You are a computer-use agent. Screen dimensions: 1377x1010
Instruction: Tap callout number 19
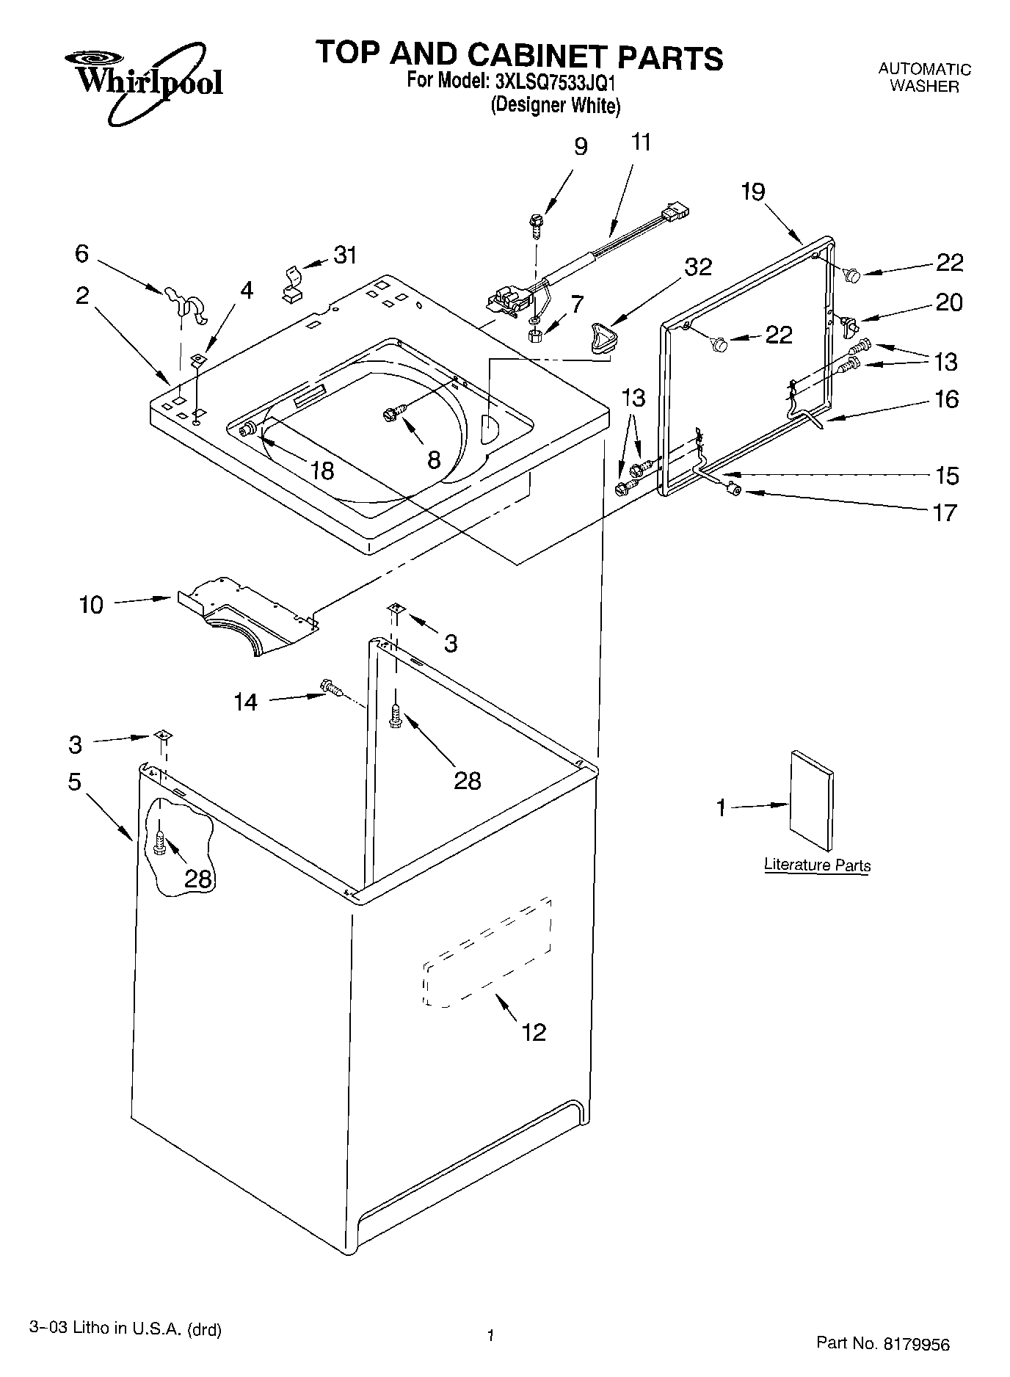pos(752,192)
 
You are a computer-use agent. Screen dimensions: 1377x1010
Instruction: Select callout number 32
pos(697,267)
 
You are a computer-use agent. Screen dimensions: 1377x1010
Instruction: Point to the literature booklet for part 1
pos(811,800)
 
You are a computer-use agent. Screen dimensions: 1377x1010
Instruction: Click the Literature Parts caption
pos(816,865)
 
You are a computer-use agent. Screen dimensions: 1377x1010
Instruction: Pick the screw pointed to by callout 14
pos(333,688)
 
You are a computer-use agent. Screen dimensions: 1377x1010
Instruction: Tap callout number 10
pos(91,605)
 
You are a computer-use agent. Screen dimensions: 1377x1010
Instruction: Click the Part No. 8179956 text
pos(882,1343)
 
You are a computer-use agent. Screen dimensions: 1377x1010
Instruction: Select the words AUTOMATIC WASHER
pos(924,78)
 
